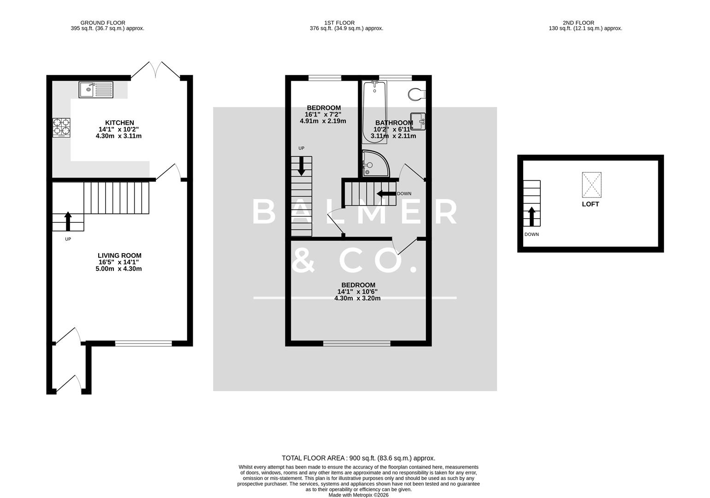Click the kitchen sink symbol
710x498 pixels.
(x=96, y=89)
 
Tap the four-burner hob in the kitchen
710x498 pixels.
(x=62, y=128)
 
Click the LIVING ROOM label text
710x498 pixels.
(x=119, y=255)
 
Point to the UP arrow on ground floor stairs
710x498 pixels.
(x=68, y=221)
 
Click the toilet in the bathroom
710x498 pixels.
(x=416, y=95)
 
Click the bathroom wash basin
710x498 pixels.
(x=418, y=121)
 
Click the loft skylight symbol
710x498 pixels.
(x=592, y=184)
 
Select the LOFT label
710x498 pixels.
(x=590, y=204)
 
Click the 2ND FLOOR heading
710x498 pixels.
(x=578, y=23)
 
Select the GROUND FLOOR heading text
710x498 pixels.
(x=103, y=23)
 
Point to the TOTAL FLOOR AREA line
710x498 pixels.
(x=358, y=458)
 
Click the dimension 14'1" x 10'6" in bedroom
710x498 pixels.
(x=357, y=291)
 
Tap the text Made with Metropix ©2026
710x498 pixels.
(x=358, y=495)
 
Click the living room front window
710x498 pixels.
(x=143, y=343)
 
